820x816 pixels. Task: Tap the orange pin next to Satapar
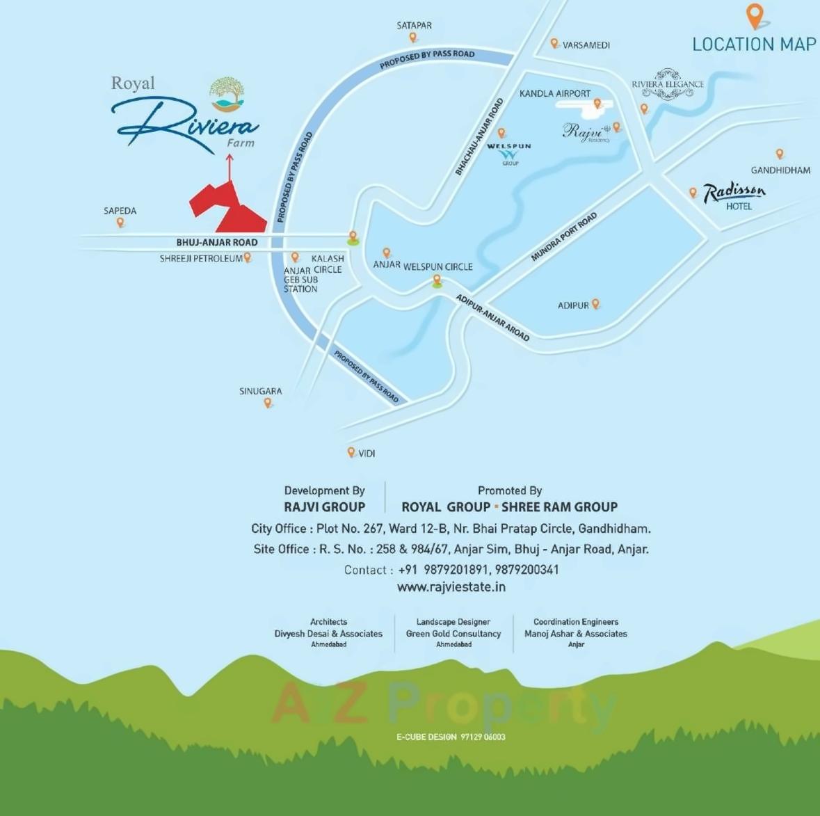point(412,38)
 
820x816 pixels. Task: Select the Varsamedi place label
point(586,45)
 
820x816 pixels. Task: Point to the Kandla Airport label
point(554,93)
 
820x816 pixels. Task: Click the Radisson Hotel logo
point(734,195)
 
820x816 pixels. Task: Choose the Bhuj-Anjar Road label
point(217,242)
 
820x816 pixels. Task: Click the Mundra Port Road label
point(563,237)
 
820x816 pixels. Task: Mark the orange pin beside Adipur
point(595,304)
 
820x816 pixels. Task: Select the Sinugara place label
point(261,391)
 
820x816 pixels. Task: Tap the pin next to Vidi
point(351,452)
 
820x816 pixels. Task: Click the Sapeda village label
point(120,211)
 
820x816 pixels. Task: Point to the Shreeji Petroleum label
point(201,259)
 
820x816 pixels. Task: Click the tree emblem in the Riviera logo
point(227,95)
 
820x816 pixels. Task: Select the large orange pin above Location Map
point(755,15)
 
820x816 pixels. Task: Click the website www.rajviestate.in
point(451,587)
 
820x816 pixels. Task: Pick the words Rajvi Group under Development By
point(324,507)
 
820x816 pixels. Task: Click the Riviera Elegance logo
point(668,84)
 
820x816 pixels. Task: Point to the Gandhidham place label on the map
point(780,170)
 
